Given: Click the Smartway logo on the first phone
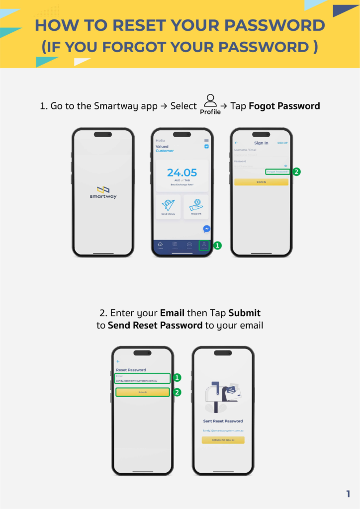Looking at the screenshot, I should [103, 192].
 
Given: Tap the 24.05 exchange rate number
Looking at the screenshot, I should [181, 172].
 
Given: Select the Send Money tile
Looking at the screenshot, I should [168, 206].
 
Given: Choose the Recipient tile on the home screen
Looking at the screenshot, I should [195, 206].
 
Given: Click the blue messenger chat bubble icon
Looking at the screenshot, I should [206, 229].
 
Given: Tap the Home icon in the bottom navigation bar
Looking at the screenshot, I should [160, 245].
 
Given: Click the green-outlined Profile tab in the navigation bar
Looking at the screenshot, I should [204, 245].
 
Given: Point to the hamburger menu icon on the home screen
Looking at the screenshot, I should [206, 141].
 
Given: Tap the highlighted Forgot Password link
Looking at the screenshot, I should [277, 171].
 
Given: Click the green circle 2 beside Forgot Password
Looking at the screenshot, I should [296, 171].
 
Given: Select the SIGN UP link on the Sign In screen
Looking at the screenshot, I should [282, 143].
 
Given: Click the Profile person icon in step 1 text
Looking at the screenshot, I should [210, 100].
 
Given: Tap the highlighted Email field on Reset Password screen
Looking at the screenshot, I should [143, 378].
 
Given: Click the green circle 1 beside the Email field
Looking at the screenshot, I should [177, 378].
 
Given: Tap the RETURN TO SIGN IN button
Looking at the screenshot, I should [223, 440].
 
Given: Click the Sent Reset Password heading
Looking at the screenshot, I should [223, 421].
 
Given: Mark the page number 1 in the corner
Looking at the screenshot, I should [348, 494].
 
